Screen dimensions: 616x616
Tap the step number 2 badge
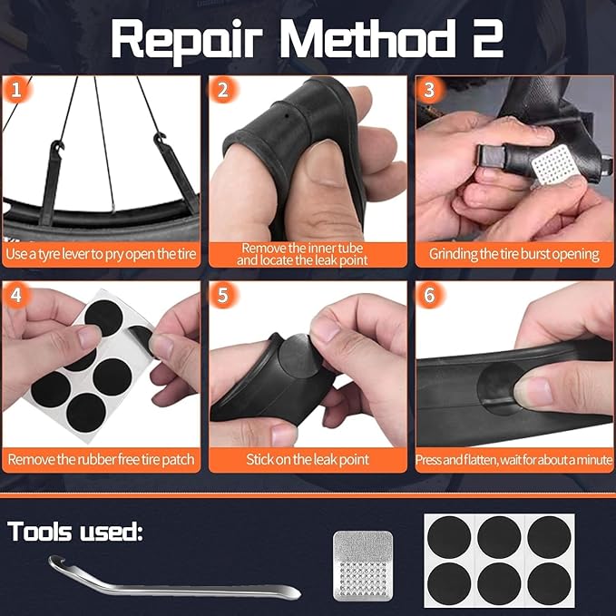click(221, 90)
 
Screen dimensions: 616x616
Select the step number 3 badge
click(428, 90)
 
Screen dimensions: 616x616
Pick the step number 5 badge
click(221, 296)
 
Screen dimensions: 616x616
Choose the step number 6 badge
click(428, 296)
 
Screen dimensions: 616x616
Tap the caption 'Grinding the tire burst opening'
click(514, 254)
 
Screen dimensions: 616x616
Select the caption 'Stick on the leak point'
click(308, 460)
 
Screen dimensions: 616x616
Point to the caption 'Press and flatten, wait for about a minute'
click(514, 460)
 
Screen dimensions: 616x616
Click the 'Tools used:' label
click(75, 532)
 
